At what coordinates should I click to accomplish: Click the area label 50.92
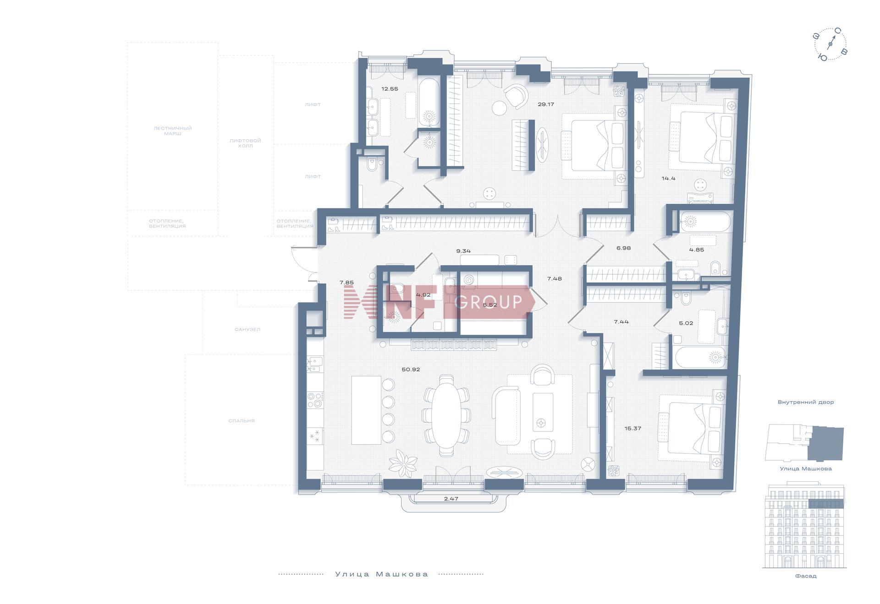410,370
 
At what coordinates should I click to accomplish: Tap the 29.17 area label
546,104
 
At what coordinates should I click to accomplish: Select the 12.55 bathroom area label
390,89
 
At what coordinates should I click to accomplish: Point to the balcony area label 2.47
451,499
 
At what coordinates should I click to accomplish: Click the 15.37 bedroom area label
632,429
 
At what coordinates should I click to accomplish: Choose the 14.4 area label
669,179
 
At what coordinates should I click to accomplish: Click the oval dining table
446,415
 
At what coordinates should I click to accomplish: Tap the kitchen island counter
366,410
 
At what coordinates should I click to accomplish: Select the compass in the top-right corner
830,44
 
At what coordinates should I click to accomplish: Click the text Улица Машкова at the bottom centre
382,574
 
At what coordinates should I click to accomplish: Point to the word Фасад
806,576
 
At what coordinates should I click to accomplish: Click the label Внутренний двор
806,402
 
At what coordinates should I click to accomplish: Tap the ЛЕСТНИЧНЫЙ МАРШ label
172,131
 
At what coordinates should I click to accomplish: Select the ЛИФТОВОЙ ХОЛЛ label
245,143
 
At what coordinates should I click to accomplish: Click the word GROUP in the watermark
488,302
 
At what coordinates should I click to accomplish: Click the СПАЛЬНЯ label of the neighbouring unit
242,420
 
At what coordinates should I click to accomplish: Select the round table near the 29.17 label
500,109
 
